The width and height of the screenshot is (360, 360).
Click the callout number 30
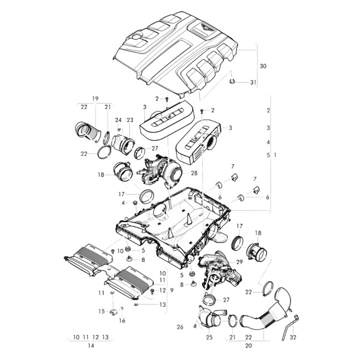tap(263, 66)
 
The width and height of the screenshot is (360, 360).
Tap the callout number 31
tap(253, 82)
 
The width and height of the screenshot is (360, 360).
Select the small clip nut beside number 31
tap(232, 81)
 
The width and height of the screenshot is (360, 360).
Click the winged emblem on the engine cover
tap(205, 28)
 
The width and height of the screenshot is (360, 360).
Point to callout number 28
tap(194, 173)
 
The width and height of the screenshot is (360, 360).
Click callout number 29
tap(239, 262)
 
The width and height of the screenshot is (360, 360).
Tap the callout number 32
tap(293, 337)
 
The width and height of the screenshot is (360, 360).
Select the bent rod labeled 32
tap(290, 327)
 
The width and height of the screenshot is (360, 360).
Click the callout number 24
tap(118, 120)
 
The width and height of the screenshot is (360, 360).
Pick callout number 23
tap(130, 120)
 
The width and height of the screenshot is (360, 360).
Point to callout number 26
tap(180, 327)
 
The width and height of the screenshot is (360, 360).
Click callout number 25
tap(209, 337)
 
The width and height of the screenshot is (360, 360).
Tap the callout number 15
tap(101, 312)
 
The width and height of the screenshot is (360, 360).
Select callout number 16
tap(122, 321)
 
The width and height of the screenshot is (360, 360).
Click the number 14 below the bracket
tap(91, 345)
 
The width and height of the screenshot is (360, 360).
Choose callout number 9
tap(172, 291)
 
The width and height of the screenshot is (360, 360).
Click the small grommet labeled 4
tap(135, 203)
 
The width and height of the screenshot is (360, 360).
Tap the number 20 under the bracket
tap(248, 345)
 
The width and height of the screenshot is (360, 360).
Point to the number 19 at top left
tap(95, 99)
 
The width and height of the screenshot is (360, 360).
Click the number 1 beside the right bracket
tap(275, 155)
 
